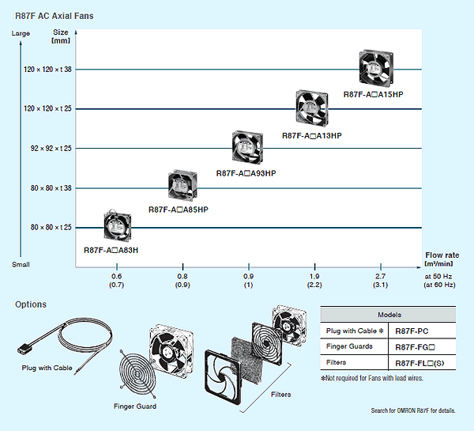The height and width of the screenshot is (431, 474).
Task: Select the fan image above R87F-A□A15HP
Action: (374, 69)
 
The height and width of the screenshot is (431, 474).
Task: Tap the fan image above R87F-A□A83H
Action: (118, 226)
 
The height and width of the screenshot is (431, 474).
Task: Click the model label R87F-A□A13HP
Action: (311, 135)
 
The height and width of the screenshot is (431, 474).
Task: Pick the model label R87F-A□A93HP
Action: (246, 172)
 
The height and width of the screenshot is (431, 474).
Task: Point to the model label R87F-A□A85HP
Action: (178, 210)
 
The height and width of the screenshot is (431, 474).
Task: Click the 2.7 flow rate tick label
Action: (380, 275)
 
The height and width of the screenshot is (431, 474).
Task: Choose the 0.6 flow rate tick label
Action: (117, 275)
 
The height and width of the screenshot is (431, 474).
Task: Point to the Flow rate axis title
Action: (441, 255)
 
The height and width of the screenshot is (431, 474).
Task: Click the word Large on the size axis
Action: (21, 33)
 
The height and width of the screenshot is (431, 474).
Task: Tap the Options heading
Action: (31, 304)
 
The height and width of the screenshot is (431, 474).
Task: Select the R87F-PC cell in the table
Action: (412, 330)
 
